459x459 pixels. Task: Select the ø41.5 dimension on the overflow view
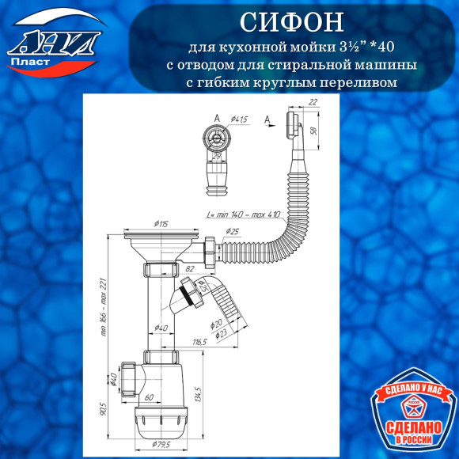click(238, 119)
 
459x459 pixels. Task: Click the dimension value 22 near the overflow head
click(313, 101)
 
